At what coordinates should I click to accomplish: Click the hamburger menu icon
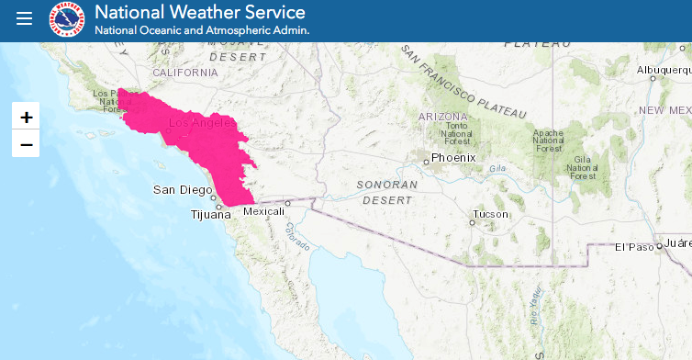tap(24, 19)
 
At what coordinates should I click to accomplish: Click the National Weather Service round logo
tap(66, 19)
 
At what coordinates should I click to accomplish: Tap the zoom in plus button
tap(26, 117)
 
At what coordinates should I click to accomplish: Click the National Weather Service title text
tap(199, 13)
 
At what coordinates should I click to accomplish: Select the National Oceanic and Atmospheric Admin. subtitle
tap(202, 30)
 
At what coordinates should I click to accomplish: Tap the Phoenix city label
tap(453, 157)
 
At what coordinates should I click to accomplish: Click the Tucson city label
tap(489, 214)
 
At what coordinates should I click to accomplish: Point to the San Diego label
tap(180, 190)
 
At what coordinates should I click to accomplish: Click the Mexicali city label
tap(264, 211)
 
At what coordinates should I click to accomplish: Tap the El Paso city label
tap(632, 246)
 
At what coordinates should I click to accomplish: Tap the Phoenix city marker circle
tap(427, 163)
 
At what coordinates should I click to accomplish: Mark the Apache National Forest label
tap(548, 141)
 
